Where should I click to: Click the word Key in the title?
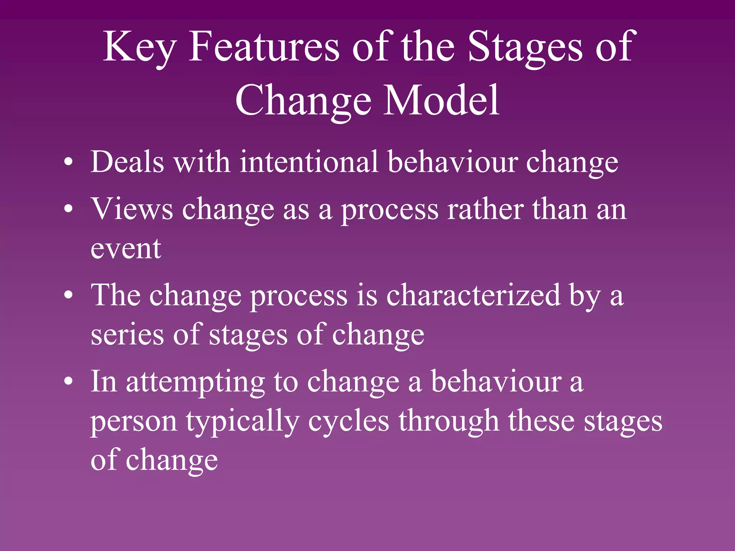[x=139, y=47]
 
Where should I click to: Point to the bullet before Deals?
[x=68, y=162]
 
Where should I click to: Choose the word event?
[x=126, y=248]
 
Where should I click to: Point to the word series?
[x=127, y=334]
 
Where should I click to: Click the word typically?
[x=242, y=422]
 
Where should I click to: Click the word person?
[x=133, y=422]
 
